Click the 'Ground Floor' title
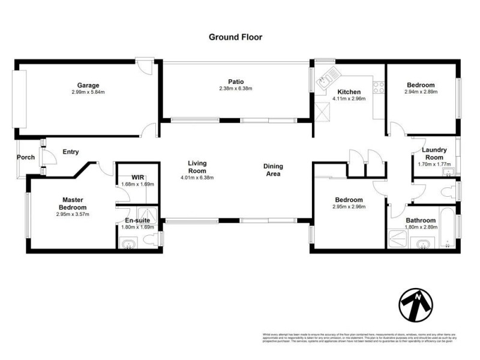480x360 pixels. click(235, 37)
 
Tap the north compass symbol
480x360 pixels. click(415, 306)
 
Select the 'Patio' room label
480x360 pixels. click(235, 82)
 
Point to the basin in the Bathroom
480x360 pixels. click(425, 244)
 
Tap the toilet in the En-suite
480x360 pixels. click(151, 241)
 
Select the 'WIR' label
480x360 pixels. click(138, 178)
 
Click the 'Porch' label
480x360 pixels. click(26, 158)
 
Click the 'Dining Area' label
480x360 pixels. click(272, 170)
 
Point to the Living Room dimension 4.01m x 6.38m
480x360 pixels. click(197, 178)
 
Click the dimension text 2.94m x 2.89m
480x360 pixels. click(421, 92)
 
